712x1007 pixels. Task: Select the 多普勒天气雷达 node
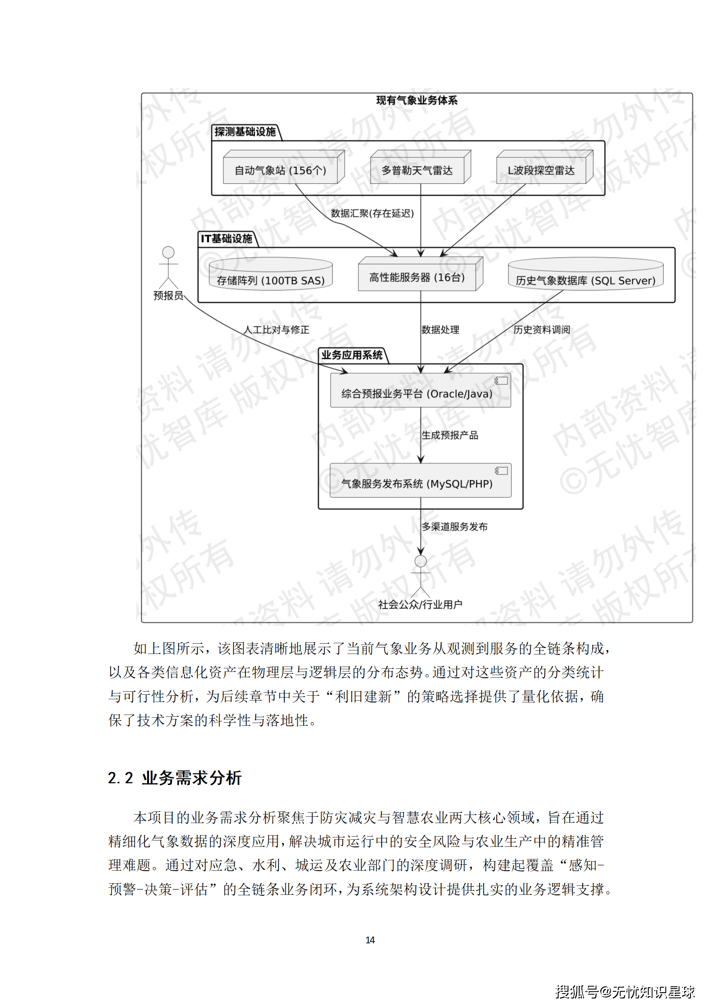417,170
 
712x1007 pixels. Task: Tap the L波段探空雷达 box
541,170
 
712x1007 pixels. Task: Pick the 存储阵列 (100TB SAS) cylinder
271,277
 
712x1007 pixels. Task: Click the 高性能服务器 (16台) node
417,277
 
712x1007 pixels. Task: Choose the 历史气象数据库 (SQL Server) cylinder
585,277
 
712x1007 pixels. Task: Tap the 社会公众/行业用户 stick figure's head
420,561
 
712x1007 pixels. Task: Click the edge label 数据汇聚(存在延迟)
372,214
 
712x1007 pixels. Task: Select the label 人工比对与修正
276,330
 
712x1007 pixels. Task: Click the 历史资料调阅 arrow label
542,330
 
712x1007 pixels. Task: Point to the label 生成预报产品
450,435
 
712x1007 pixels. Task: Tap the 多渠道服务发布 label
454,527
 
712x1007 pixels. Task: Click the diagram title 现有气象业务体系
417,100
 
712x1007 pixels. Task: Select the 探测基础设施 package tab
245,132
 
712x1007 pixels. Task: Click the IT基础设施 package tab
227,239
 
